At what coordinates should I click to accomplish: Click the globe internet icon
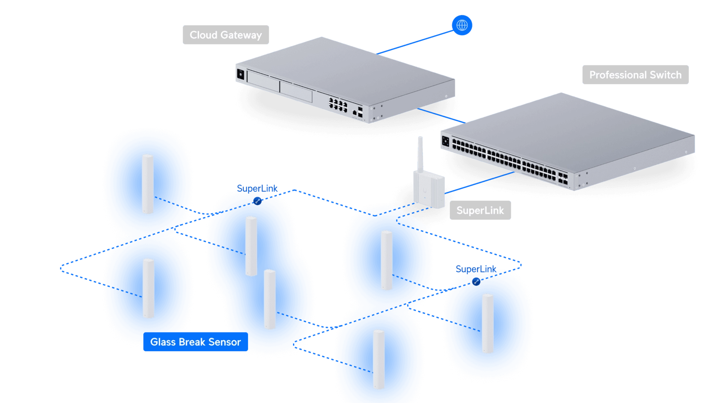[462, 25]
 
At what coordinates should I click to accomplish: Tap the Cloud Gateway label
[226, 35]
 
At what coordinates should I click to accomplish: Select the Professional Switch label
[635, 75]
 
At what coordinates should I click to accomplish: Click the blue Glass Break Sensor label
[195, 342]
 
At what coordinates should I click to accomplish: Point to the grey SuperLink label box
[480, 210]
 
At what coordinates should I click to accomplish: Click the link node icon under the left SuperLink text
[257, 201]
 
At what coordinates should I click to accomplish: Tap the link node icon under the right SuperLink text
[476, 282]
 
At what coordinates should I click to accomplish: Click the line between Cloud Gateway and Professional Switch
[442, 115]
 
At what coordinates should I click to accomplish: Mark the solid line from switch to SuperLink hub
[480, 183]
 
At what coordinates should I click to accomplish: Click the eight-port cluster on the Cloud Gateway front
[338, 104]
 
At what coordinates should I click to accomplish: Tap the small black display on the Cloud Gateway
[241, 74]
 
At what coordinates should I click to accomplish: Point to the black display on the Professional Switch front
[445, 141]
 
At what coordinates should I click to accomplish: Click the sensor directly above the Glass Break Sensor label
[148, 288]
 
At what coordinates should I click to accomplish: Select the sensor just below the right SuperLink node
[488, 324]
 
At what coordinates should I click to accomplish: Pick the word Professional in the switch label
[618, 75]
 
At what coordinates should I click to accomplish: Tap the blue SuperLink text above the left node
[257, 188]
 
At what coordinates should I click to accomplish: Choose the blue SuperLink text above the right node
[476, 269]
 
